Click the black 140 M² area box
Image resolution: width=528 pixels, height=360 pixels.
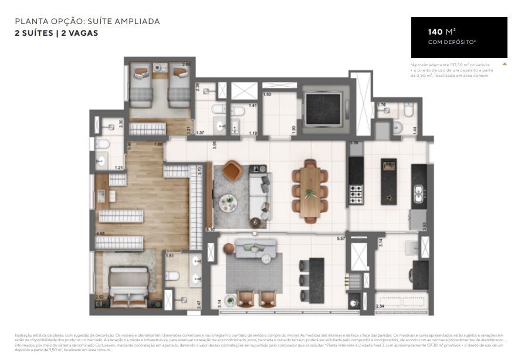(x=459, y=37)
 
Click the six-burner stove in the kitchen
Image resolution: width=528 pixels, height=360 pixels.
(x=356, y=194)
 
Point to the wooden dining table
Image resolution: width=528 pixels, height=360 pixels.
(x=310, y=192)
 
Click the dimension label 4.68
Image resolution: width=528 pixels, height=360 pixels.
(x=101, y=234)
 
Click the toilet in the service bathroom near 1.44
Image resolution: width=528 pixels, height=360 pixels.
(x=398, y=127)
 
